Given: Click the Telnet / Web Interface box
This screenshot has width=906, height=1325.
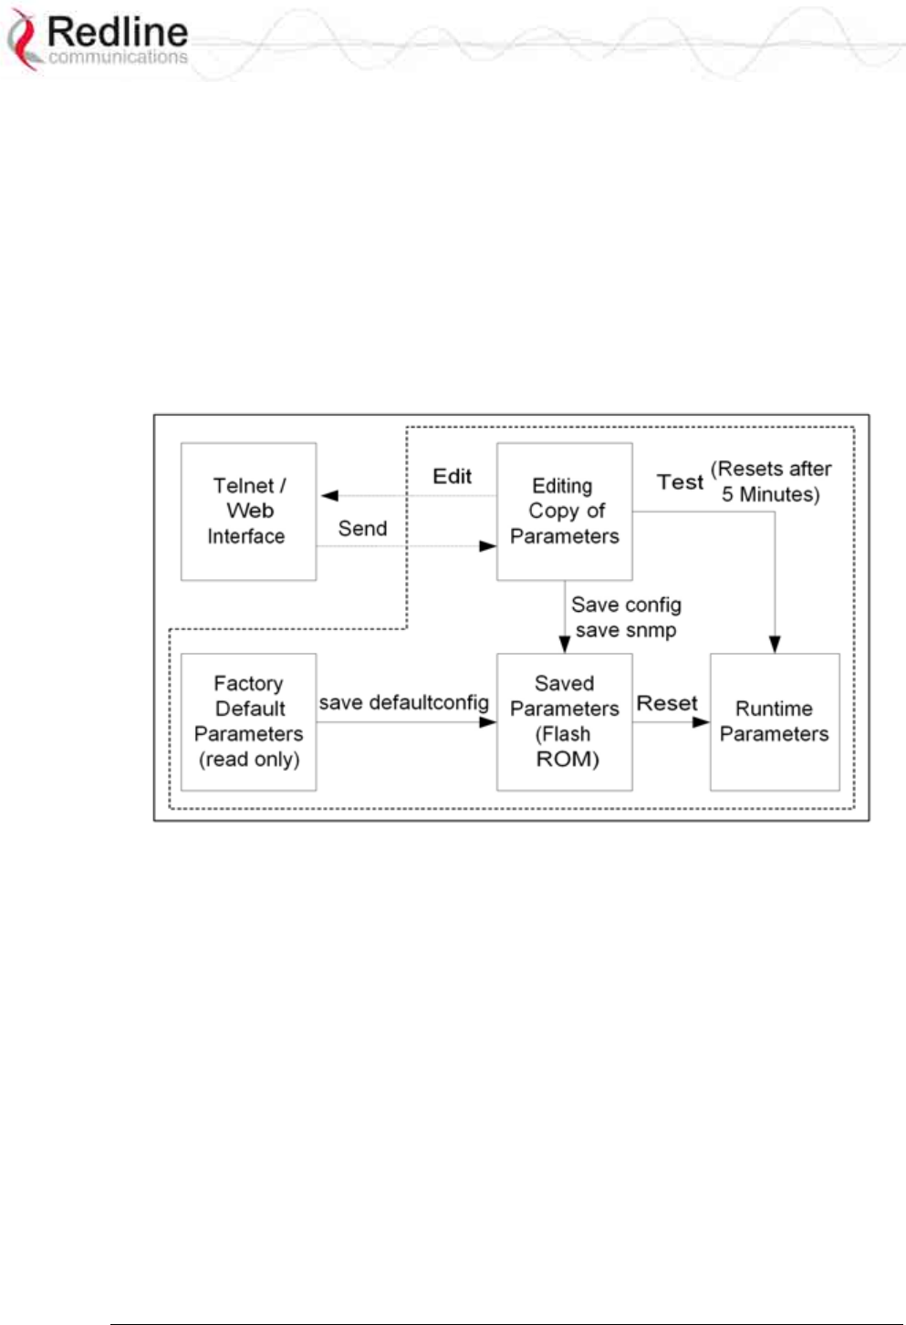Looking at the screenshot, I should coord(248,512).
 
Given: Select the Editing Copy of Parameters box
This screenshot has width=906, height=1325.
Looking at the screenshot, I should coord(564,512).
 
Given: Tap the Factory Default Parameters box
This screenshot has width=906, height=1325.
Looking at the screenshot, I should coord(248,721).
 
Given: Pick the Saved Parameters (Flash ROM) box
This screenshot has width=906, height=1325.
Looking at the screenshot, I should coord(564,721).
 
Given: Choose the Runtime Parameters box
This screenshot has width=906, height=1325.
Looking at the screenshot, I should coord(774,721).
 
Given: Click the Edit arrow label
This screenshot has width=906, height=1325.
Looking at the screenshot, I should coord(452,477).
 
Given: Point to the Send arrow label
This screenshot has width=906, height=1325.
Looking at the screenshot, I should coord(362,529).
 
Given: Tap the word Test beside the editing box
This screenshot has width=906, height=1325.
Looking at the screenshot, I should coord(680,482).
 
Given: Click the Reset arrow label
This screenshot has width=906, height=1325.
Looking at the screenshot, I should coord(667,703).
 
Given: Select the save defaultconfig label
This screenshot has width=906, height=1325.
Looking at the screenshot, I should coord(403,703).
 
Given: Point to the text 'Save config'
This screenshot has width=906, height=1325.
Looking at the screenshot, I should coord(626,605).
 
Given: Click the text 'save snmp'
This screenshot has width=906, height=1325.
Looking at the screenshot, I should coord(626,630).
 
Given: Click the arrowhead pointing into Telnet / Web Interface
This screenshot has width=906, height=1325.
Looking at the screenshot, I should coord(329,496).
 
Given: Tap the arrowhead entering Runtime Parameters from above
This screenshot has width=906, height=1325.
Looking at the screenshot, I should coord(775,645).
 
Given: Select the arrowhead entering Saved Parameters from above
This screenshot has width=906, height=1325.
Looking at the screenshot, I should coord(565,645).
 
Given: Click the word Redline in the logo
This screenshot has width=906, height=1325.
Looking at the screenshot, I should coord(117,32).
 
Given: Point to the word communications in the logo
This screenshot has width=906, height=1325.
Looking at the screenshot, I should coord(117,57).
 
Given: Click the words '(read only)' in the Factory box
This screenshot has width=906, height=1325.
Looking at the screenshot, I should coord(249,760).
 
